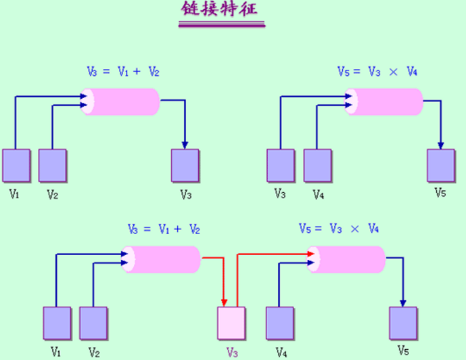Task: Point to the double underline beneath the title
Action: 221,25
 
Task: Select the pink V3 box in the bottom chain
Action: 231,323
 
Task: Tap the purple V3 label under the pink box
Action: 232,352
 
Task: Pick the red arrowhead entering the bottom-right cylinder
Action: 310,254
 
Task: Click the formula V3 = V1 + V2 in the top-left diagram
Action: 123,71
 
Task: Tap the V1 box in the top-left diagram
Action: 16,165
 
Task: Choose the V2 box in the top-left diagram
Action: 52,165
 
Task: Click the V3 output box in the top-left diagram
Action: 185,165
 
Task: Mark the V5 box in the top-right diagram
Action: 440,165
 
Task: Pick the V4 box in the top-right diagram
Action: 317,165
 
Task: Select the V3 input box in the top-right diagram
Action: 280,165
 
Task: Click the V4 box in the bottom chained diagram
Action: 280,323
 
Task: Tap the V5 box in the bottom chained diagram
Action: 403,323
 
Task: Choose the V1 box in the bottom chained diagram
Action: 57,323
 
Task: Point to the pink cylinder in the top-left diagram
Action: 122,102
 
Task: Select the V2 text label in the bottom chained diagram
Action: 93,352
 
